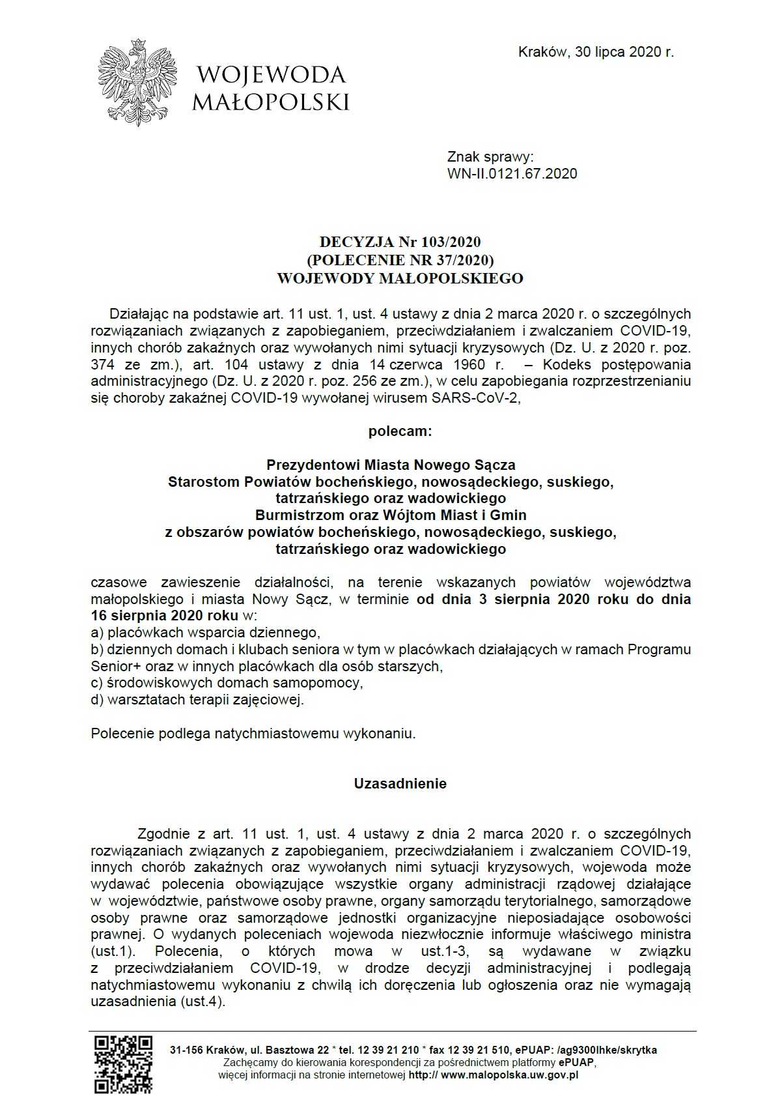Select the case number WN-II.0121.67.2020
tap(512, 173)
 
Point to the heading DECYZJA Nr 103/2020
tap(400, 242)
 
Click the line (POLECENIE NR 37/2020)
tap(400, 260)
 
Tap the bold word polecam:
tap(400, 431)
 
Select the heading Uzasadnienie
tap(400, 784)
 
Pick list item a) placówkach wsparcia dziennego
tap(206, 632)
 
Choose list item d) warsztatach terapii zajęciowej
tap(198, 701)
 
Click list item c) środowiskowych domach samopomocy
tap(227, 683)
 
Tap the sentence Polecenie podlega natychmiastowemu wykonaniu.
tap(253, 734)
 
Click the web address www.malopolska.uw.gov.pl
tap(510, 1075)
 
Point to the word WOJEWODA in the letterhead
tap(271, 76)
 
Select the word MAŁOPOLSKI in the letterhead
tap(271, 102)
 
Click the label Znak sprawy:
tap(490, 156)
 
